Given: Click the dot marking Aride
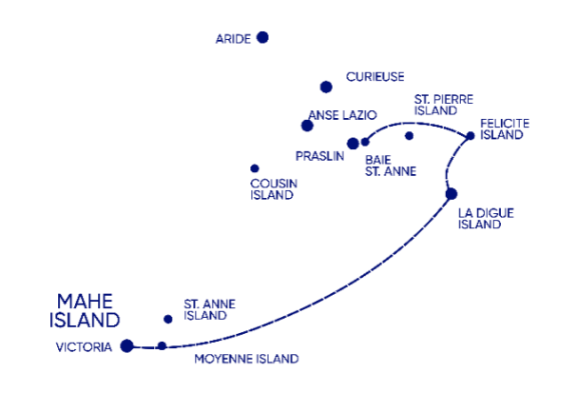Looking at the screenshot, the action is (x=262, y=37).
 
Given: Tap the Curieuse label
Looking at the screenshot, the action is (x=375, y=77).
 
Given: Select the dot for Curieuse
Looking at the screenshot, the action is (x=326, y=87).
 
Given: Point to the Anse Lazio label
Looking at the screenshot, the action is (x=342, y=115).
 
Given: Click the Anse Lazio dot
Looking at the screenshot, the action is (x=307, y=126).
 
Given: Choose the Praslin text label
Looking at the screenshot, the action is (x=319, y=156).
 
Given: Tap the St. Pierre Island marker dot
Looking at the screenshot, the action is (x=409, y=136).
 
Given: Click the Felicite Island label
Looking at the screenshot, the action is (x=505, y=128).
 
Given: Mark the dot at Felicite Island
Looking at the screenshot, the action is (x=471, y=136).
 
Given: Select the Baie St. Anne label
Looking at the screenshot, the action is (x=391, y=166).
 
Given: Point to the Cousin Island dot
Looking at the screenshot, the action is (x=255, y=168).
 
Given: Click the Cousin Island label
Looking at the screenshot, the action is (x=274, y=189).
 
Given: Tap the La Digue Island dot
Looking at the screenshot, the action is (x=452, y=194).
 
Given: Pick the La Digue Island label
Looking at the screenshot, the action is (x=486, y=219).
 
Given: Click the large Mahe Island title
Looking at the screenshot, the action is (x=85, y=311).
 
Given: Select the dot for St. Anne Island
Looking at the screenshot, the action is (x=168, y=319).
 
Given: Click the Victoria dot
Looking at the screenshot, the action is (x=127, y=345).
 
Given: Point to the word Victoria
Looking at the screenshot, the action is (x=84, y=347).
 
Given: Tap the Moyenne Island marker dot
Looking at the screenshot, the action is (x=162, y=345).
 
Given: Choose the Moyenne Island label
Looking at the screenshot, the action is (x=246, y=359).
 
